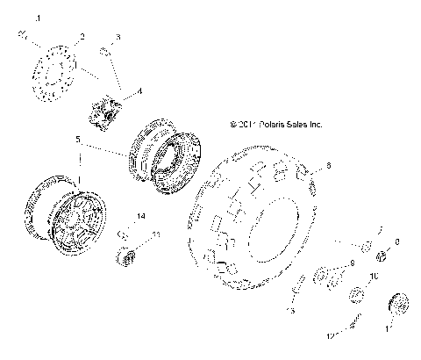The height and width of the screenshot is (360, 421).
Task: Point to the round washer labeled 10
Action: point(357,294)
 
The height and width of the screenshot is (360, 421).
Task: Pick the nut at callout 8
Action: point(382,256)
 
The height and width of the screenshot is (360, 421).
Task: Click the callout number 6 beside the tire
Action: point(329,165)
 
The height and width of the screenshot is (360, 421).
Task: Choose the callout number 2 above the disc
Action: point(81,37)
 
